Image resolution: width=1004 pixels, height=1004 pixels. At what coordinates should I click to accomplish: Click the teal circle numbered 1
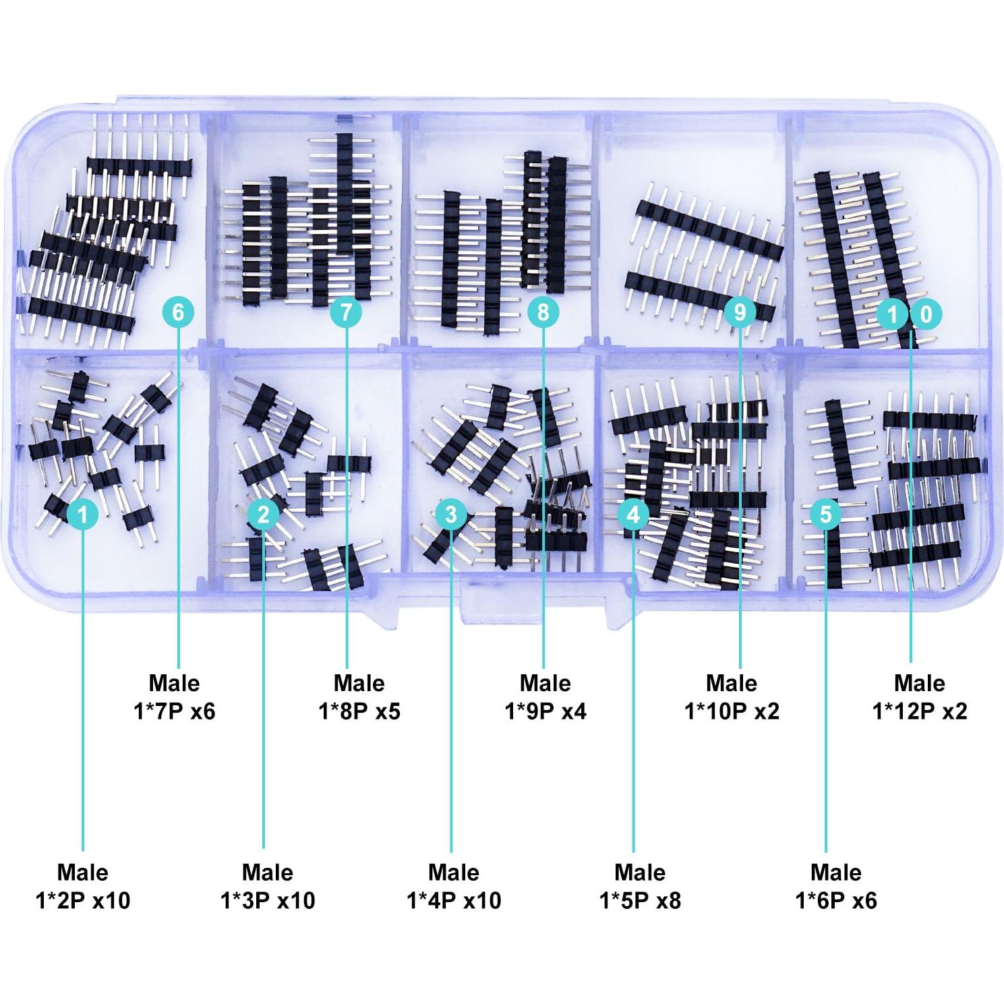coord(83,514)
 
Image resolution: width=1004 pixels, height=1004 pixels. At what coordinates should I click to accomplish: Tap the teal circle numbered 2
coord(263,514)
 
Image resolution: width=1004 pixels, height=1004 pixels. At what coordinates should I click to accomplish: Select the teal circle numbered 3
coord(451,514)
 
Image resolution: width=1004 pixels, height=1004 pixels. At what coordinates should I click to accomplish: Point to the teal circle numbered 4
coord(633,514)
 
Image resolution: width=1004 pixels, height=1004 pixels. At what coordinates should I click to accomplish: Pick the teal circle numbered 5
coord(825,514)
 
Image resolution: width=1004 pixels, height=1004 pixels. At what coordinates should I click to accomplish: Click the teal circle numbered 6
coord(179,312)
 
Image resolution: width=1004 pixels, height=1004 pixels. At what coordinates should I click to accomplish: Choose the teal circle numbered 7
coord(347,312)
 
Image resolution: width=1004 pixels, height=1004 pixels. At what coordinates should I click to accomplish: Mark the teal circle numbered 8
coord(543,312)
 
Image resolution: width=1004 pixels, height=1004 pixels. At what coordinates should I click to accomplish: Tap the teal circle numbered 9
coord(740,312)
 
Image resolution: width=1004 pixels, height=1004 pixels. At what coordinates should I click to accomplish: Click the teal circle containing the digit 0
coord(926,314)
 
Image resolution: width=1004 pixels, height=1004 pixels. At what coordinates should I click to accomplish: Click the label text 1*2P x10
coord(83,900)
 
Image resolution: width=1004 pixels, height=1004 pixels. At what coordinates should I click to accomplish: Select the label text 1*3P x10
coord(268,900)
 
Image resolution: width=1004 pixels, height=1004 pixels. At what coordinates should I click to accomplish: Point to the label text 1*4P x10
coord(454,900)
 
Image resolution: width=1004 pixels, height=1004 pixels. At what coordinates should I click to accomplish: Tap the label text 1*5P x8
coord(640,900)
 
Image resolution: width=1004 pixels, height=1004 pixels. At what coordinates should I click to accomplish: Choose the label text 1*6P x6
coord(836,900)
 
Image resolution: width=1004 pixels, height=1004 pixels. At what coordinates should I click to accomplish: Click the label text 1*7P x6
coord(174,711)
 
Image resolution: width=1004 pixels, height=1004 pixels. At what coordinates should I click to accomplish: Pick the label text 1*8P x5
coord(359,711)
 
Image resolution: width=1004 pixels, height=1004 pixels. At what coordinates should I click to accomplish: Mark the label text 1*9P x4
coord(545,711)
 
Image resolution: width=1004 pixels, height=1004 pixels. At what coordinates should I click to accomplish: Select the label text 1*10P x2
coord(732,711)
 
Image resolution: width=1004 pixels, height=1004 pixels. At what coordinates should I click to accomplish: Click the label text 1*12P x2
coord(920,711)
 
